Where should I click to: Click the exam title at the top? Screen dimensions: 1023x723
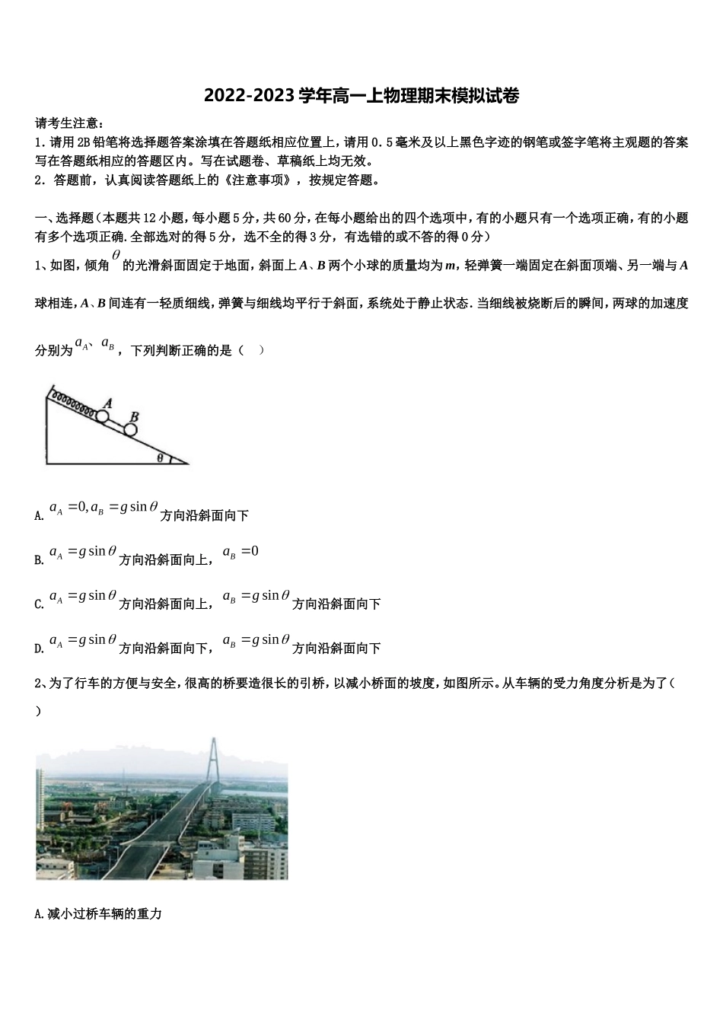point(361,97)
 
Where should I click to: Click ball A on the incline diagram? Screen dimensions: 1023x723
point(102,416)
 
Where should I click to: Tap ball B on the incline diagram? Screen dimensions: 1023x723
point(130,430)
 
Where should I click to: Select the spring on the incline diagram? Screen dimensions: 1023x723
point(72,403)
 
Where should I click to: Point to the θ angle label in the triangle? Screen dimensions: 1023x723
point(160,457)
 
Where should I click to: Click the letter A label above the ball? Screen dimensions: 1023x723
point(108,403)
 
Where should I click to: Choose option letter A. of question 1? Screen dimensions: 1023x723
point(40,516)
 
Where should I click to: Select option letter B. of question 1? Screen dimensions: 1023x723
point(40,560)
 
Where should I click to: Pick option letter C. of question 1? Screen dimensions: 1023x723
point(40,604)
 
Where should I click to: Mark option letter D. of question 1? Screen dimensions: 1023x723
point(40,649)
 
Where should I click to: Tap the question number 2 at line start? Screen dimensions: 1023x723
point(39,684)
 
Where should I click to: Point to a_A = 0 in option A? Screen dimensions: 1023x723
point(67,508)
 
